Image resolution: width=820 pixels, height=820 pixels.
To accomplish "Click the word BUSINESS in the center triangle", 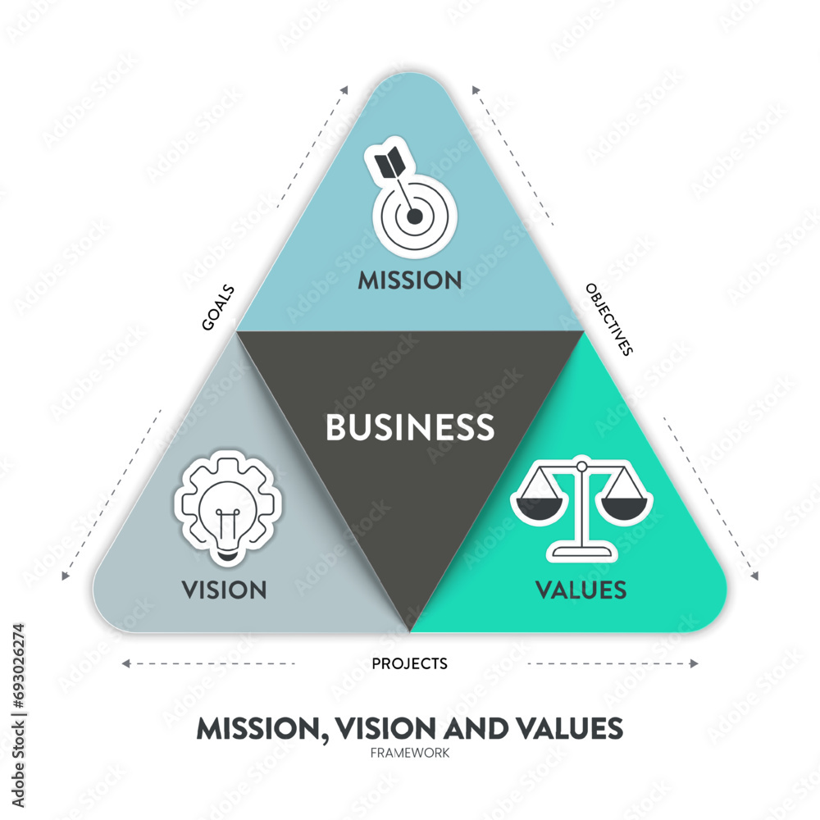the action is (410, 427).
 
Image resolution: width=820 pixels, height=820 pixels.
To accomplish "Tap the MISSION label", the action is (410, 280).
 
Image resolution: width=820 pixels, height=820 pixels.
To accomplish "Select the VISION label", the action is (225, 590).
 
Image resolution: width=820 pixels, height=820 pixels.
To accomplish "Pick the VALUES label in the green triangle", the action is (581, 590).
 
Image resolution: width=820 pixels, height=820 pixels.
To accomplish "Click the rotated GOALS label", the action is (218, 307).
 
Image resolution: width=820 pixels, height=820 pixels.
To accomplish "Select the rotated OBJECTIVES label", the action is (609, 319).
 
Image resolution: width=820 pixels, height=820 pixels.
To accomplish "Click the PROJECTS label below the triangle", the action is (410, 663).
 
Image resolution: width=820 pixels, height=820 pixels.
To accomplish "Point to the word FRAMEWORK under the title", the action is (410, 752).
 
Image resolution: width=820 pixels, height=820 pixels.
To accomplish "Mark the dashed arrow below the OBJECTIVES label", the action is (709, 492).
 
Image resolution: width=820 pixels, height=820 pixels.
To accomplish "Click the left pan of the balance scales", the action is (538, 505).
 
